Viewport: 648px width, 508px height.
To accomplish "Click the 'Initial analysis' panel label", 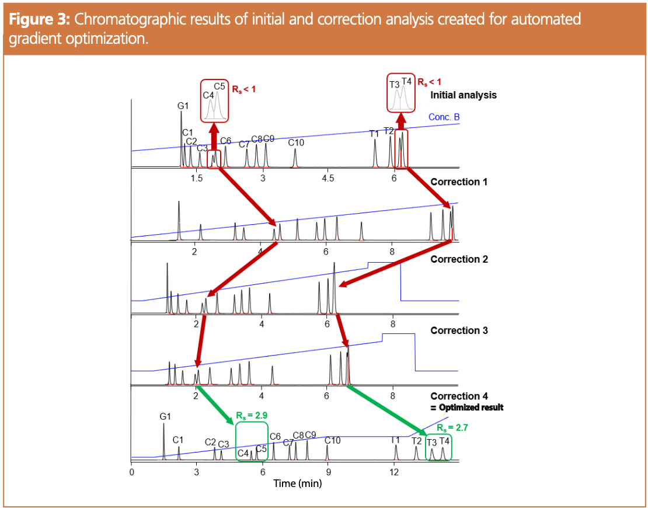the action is [463, 95].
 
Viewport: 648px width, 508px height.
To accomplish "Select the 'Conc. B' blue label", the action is [444, 117].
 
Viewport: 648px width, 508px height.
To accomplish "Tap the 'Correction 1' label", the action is [459, 182].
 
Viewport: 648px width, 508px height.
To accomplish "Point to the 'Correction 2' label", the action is [459, 259].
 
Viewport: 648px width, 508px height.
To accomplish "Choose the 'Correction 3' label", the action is [459, 330].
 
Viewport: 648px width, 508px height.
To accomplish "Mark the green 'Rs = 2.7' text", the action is [452, 427].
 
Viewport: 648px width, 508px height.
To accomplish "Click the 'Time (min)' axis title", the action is [298, 483].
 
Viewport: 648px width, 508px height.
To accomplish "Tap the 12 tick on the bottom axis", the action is [394, 472].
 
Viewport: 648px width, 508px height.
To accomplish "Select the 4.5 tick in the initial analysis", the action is [328, 178].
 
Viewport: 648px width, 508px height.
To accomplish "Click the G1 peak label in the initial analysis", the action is [183, 106].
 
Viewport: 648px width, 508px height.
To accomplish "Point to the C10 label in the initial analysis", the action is [296, 142].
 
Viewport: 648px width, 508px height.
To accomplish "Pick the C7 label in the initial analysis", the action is [245, 144].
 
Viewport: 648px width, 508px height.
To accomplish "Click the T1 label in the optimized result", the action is [395, 440].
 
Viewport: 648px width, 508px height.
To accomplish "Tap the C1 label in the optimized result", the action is [179, 439].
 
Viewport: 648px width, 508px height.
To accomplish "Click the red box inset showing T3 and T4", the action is [401, 93].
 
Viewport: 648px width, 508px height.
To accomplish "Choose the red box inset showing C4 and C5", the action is [214, 100].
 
